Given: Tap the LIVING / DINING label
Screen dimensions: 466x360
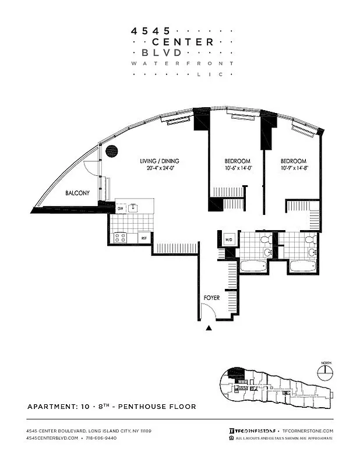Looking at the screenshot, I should pos(159,161).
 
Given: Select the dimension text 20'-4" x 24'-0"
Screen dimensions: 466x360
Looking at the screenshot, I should pos(161,169).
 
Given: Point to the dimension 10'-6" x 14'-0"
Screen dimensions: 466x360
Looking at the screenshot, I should pos(237,170).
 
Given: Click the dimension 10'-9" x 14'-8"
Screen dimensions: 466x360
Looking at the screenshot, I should pos(294,170).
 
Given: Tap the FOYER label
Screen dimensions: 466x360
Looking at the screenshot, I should pos(211,298).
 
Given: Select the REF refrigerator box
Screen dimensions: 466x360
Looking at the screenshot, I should pos(144,238).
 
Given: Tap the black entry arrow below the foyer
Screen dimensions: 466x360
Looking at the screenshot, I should pos(209,329).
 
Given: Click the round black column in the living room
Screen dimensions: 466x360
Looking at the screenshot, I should pos(112,151).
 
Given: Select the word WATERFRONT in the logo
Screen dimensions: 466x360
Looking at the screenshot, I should pos(182,63).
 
